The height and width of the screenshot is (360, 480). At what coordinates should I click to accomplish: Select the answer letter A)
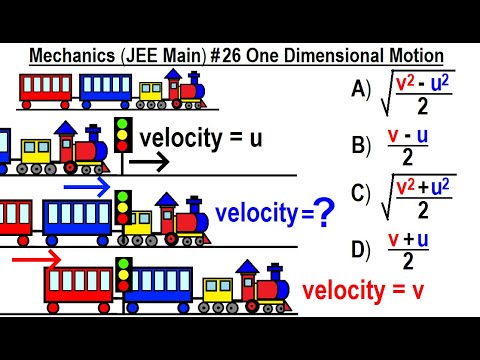point(362,89)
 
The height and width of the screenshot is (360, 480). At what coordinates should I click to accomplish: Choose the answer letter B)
point(362,146)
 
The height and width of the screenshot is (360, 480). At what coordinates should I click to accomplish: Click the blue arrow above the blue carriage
point(87,186)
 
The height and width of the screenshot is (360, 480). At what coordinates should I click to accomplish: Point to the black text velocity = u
point(201,138)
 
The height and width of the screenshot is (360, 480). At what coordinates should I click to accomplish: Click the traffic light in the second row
point(123,135)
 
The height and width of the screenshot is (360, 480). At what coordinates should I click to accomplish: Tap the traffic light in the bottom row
point(124,272)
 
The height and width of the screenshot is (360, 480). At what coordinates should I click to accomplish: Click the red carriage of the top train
point(46,89)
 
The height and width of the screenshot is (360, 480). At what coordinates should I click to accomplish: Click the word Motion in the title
point(408,56)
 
